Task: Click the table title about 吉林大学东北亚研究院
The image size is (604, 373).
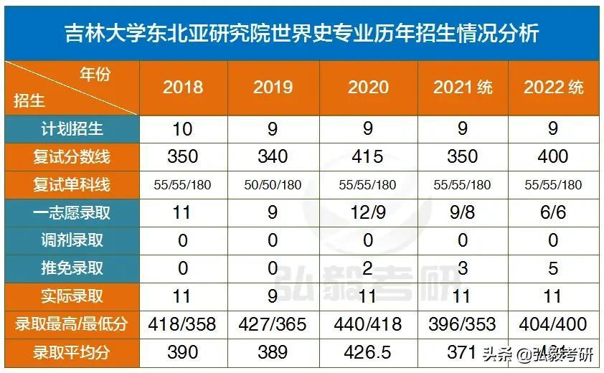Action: pyautogui.click(x=301, y=32)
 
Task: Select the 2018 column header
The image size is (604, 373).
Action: pyautogui.click(x=183, y=88)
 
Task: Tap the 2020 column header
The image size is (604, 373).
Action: pyautogui.click(x=368, y=88)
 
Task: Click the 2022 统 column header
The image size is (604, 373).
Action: pyautogui.click(x=553, y=88)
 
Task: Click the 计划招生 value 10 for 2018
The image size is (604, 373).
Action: pyautogui.click(x=183, y=129)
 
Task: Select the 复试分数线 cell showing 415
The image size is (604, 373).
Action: pyautogui.click(x=368, y=156)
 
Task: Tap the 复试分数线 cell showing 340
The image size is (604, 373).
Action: pyautogui.click(x=273, y=156)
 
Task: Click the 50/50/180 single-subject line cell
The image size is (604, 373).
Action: pyautogui.click(x=273, y=184)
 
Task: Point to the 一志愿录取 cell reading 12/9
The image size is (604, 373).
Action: pyautogui.click(x=368, y=212)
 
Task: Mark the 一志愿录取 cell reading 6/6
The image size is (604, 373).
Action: pyautogui.click(x=553, y=212)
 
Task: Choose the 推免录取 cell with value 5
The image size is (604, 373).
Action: pyautogui.click(x=553, y=268)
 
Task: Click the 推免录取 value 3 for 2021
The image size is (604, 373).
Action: pyautogui.click(x=463, y=268)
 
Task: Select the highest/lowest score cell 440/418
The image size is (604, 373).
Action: pyautogui.click(x=368, y=324)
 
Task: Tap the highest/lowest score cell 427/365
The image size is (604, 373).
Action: pyautogui.click(x=273, y=324)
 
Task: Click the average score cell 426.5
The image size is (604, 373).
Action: pyautogui.click(x=368, y=351)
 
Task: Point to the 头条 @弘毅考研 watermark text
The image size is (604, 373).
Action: pyautogui.click(x=538, y=354)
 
